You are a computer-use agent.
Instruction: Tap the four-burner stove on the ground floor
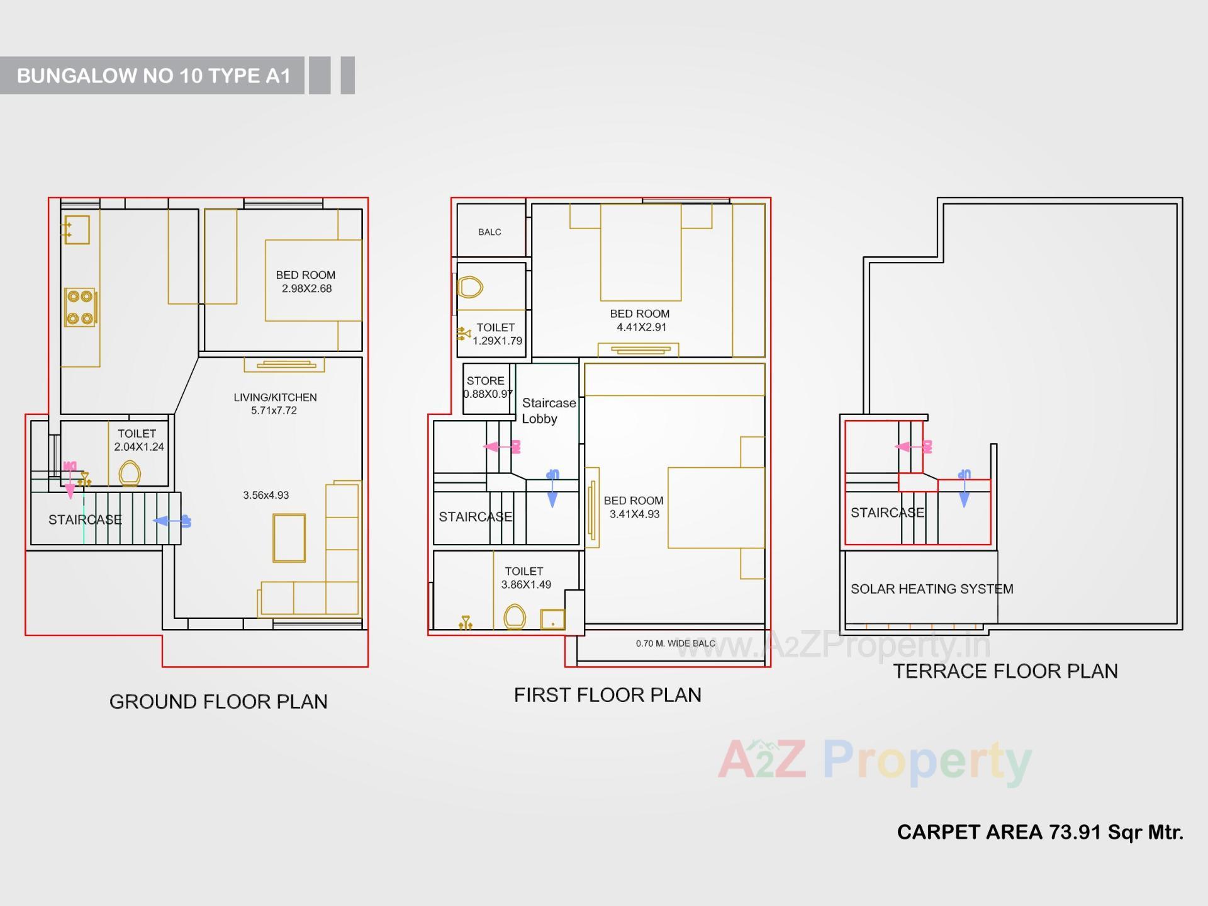point(80,307)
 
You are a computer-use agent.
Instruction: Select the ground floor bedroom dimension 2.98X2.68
point(306,289)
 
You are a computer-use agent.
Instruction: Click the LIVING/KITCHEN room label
point(275,397)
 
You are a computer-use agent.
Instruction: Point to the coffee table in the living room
point(289,538)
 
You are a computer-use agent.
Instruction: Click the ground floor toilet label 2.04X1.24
point(138,447)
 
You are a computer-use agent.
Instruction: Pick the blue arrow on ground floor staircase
point(171,521)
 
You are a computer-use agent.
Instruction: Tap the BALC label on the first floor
point(489,232)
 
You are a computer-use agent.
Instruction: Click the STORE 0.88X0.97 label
point(486,387)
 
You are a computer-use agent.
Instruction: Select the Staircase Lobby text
point(548,411)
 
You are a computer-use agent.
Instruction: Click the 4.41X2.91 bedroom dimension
point(640,327)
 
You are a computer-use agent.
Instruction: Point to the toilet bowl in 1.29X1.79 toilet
point(469,287)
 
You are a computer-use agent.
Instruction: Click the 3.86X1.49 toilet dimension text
point(526,585)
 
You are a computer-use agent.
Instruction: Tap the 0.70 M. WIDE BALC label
point(675,643)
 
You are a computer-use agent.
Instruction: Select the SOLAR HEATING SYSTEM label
point(931,589)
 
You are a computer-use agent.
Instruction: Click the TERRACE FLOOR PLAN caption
point(1005,672)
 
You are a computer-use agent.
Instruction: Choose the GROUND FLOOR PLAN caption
point(218,702)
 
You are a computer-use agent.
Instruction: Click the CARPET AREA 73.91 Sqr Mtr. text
point(1039,832)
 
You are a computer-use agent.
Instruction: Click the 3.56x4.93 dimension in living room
point(266,495)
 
